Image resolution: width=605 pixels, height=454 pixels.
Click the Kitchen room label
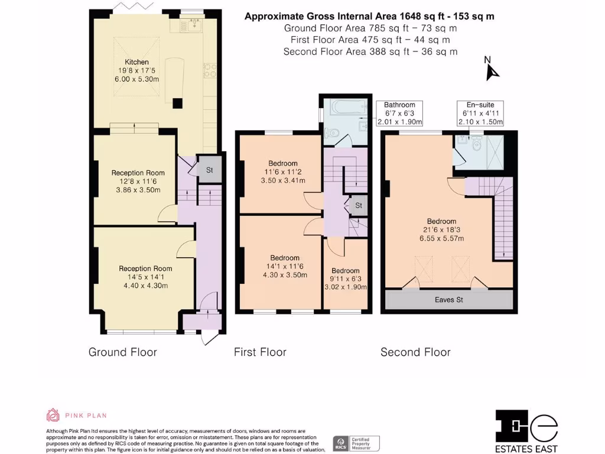tap(136, 62)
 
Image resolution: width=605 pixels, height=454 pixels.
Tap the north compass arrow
tap(491, 70)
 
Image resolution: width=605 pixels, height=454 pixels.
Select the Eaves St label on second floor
tap(448, 300)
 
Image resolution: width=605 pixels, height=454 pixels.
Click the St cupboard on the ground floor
tap(209, 170)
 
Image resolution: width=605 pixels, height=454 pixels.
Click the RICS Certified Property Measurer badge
tap(357, 443)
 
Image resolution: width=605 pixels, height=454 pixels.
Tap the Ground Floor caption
tap(123, 352)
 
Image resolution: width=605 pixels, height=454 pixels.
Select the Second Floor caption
tap(415, 352)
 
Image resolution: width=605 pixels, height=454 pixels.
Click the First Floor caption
tap(260, 352)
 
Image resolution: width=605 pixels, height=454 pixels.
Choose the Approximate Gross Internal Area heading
tap(369, 17)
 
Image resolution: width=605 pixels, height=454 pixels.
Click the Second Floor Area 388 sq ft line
tap(370, 51)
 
